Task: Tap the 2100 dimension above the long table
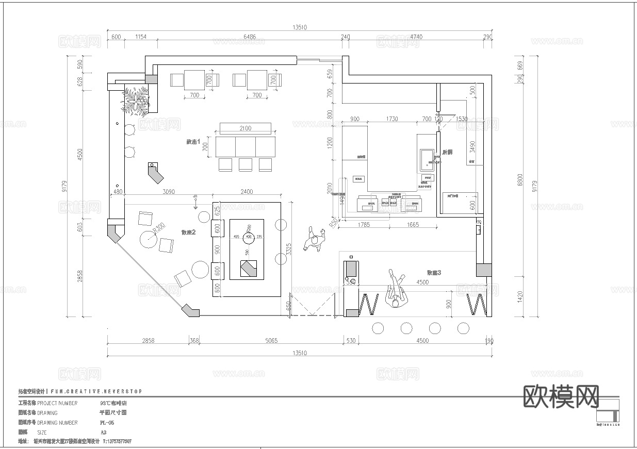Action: coord(246,128)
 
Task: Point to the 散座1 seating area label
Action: coord(193,142)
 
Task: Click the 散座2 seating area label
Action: coord(189,232)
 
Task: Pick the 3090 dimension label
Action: coord(168,192)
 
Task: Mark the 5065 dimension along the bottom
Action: coord(271,341)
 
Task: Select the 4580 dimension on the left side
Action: coord(80,154)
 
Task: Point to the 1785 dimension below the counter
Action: coord(364,225)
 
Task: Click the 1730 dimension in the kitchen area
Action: coord(391,119)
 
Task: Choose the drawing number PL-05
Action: coord(107,423)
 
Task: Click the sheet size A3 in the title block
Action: coord(104,433)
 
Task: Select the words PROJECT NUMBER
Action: coord(57,403)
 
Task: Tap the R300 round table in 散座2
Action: coord(150,239)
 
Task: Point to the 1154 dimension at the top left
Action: coord(140,37)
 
